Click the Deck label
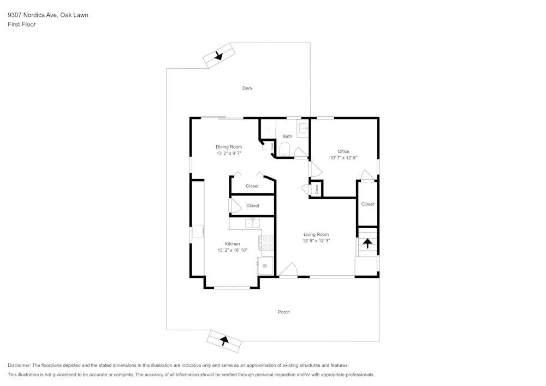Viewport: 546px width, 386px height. click(x=247, y=88)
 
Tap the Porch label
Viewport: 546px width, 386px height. click(x=283, y=312)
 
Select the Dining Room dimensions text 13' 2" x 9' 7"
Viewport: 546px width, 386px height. click(x=229, y=153)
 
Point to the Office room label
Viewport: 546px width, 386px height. click(x=343, y=151)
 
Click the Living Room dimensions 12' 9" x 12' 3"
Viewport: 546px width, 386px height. click(x=316, y=241)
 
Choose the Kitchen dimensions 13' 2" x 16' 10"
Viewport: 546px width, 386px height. click(x=232, y=250)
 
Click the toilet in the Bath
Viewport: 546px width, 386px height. click(x=285, y=149)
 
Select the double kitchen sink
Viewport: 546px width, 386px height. click(x=252, y=223)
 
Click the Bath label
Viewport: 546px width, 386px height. click(x=287, y=136)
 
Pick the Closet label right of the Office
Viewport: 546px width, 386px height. click(x=367, y=204)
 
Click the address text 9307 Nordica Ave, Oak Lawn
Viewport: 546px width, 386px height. click(x=48, y=15)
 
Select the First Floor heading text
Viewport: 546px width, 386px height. click(x=21, y=25)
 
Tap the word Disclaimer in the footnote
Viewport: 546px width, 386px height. click(x=19, y=365)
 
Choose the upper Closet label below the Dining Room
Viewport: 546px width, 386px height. click(x=252, y=186)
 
